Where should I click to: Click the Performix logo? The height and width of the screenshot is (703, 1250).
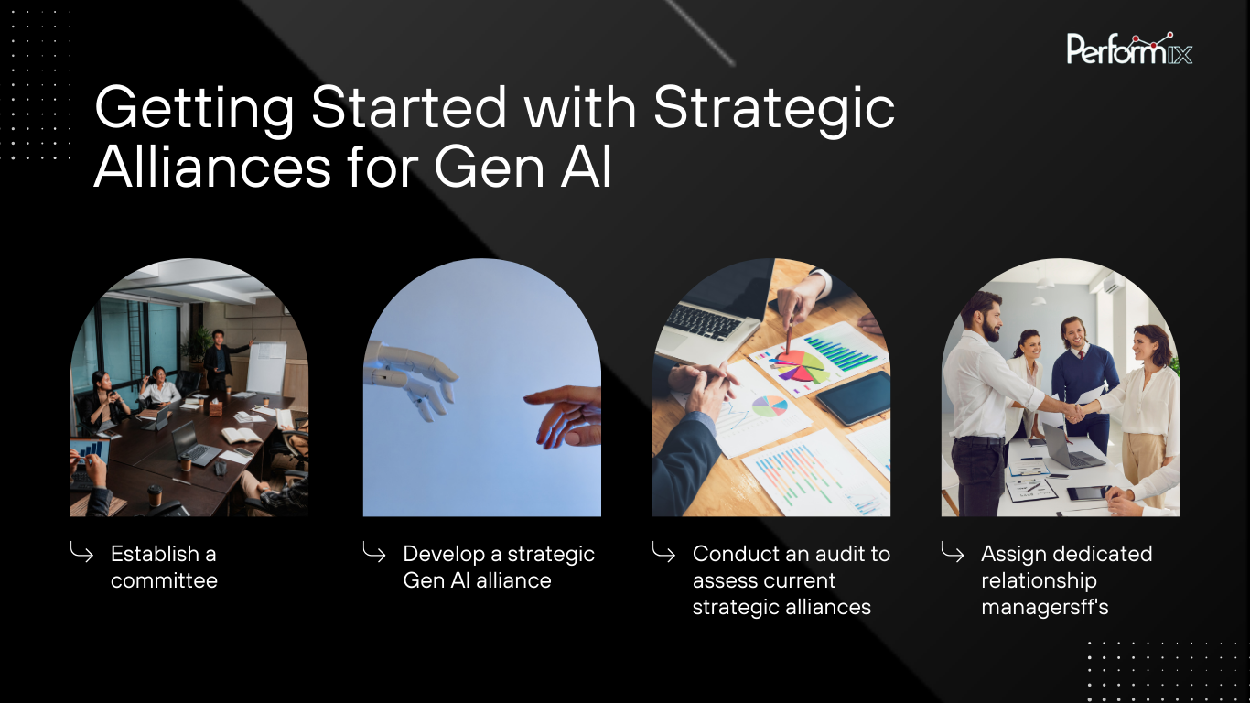point(1129,49)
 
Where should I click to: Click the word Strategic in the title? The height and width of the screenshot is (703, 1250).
point(774,107)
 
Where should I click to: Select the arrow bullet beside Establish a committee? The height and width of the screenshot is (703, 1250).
point(81,552)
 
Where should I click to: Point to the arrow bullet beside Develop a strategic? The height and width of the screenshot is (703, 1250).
point(373,552)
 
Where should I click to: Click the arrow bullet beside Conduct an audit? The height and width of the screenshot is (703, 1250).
point(663,552)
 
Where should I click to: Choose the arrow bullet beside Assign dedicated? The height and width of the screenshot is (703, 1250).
point(952,552)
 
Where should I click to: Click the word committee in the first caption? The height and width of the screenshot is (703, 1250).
point(164,580)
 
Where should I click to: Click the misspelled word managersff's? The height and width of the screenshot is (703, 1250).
point(1044,607)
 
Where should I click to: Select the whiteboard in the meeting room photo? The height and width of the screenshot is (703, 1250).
point(266,366)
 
